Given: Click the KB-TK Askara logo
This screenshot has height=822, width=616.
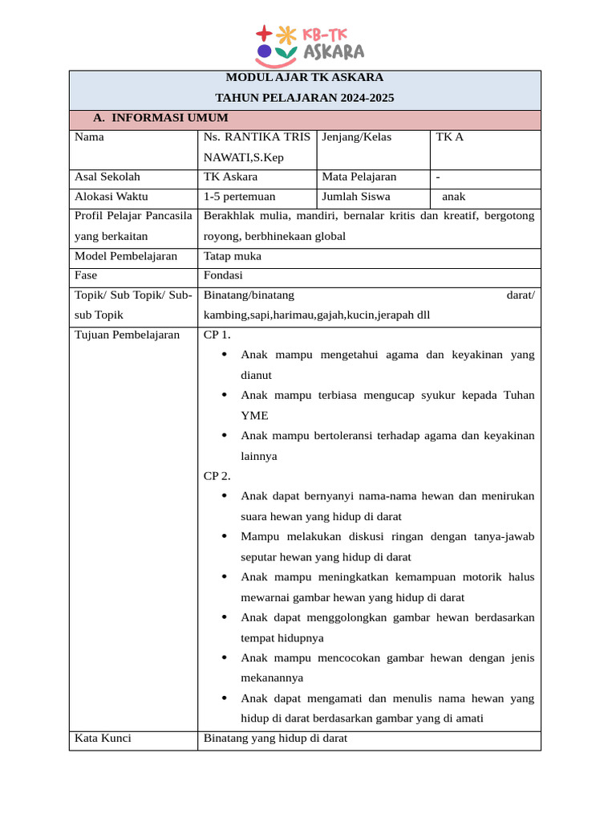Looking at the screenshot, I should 310,45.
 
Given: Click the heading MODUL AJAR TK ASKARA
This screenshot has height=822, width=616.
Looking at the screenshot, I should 305,78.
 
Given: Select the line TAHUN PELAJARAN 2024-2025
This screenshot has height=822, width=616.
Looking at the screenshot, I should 305,98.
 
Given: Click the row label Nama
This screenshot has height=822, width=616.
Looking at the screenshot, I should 89,137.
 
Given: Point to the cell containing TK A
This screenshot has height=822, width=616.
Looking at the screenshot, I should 450,137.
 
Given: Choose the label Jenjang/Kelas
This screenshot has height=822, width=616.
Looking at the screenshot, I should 356,137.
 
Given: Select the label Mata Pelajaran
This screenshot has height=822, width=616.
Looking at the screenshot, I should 359,177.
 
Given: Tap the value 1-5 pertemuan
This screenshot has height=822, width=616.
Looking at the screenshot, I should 240,197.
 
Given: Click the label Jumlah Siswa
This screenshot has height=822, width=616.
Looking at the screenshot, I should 355,197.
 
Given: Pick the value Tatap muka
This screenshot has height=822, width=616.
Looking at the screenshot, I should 233,257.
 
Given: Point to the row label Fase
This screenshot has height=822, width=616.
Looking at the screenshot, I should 86,275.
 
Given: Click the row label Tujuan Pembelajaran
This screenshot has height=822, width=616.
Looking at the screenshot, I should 127,336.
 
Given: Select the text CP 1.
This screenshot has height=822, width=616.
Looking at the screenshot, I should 217,336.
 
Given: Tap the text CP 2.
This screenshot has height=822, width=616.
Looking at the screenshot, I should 217,476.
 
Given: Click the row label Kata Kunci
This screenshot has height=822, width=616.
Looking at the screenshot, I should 103,739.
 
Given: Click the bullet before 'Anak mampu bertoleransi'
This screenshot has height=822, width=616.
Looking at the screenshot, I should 224,436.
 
